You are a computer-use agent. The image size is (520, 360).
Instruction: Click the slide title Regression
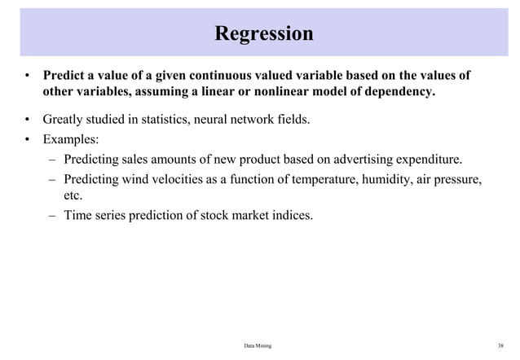[263, 33]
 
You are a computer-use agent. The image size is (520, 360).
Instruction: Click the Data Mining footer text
[258, 346]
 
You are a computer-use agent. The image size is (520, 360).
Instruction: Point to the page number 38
[500, 346]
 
